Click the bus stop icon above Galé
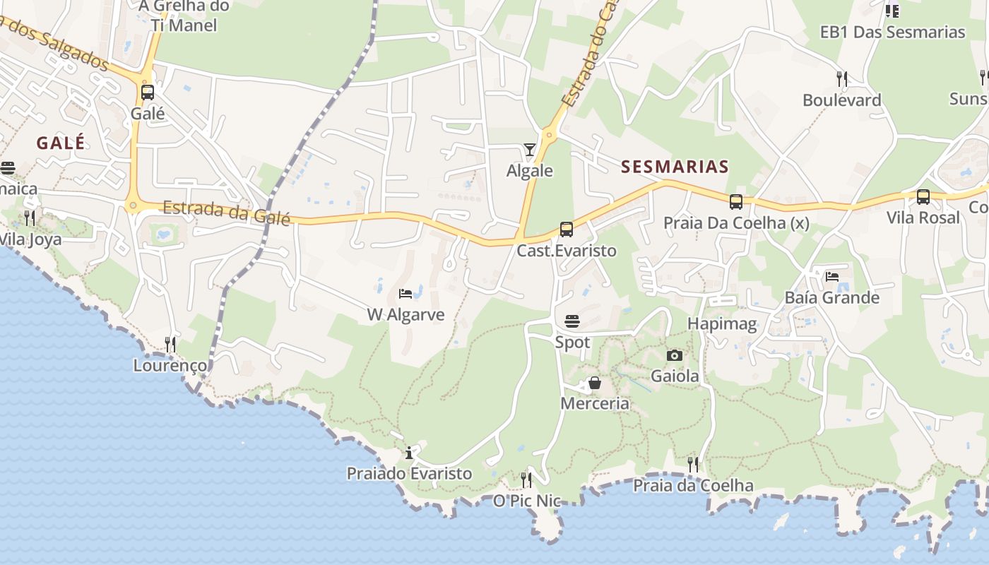[x=148, y=93]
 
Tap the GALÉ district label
[x=61, y=143]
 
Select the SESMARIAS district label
[x=675, y=167]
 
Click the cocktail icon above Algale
[x=530, y=149]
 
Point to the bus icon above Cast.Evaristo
[x=567, y=230]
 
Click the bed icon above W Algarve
[x=405, y=293]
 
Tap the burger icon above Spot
[x=572, y=322]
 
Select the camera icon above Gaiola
[x=675, y=355]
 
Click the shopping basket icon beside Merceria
[x=595, y=383]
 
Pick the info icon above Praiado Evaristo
[x=409, y=453]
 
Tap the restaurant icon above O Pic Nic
[x=526, y=480]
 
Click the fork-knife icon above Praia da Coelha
[x=693, y=464]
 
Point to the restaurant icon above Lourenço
[x=170, y=344]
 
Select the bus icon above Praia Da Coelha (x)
[x=736, y=202]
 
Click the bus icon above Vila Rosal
[x=923, y=197]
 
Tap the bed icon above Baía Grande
[x=832, y=276]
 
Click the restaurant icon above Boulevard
[x=841, y=78]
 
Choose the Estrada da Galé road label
[x=227, y=212]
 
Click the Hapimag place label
[x=722, y=324]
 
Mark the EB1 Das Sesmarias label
[x=892, y=32]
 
